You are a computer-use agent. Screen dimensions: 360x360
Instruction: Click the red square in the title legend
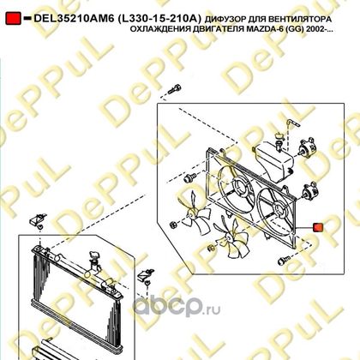[13, 18]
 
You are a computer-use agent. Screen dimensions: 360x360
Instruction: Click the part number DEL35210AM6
[74, 19]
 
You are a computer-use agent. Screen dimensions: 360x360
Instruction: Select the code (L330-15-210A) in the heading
[159, 19]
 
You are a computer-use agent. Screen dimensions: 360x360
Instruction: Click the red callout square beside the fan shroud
[318, 227]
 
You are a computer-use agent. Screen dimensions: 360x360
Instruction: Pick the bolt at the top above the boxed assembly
[174, 89]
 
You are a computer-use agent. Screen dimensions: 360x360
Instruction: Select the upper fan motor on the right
[307, 147]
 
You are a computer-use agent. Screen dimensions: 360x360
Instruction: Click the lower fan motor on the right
[308, 191]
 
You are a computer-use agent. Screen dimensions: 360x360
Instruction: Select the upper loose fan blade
[195, 212]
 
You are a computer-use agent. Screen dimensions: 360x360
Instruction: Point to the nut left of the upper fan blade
[173, 225]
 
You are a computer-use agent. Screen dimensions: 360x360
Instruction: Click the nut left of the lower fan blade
[211, 248]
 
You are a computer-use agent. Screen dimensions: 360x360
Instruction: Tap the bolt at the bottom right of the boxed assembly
[284, 260]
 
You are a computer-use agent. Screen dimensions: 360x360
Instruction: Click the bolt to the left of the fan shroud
[189, 177]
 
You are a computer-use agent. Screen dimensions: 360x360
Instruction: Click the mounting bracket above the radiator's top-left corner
[37, 220]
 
